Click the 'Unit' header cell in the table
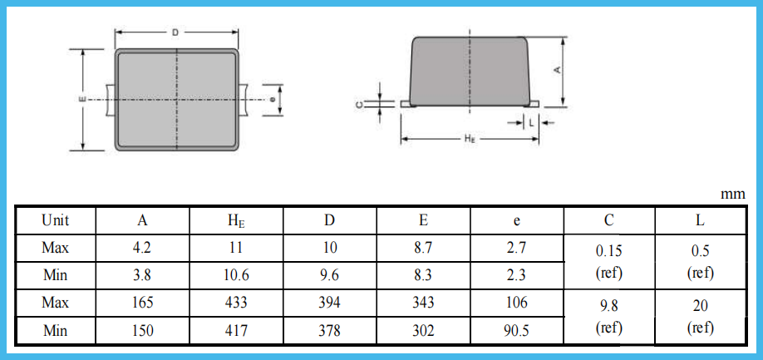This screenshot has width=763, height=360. point(56,220)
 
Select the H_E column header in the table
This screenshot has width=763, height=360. point(237,220)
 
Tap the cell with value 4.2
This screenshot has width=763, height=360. point(143,248)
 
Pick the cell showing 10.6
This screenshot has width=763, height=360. point(237,275)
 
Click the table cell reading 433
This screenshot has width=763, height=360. point(237,303)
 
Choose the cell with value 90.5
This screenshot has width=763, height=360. point(517,331)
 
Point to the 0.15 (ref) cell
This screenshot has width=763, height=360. point(609,261)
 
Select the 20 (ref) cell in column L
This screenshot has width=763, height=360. point(701,317)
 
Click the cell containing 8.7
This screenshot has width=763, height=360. point(423,248)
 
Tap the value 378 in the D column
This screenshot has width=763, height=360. point(330,331)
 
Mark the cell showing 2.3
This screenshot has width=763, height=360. point(517,275)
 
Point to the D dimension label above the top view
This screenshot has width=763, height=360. point(175,32)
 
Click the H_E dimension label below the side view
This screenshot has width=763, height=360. point(470,139)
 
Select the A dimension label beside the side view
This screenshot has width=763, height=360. point(557,71)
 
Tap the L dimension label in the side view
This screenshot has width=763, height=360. point(531,121)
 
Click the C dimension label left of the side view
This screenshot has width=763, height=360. point(358,104)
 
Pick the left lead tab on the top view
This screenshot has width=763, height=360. point(108,99)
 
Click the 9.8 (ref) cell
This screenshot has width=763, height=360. point(609,317)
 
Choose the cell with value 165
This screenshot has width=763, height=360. point(143,303)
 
